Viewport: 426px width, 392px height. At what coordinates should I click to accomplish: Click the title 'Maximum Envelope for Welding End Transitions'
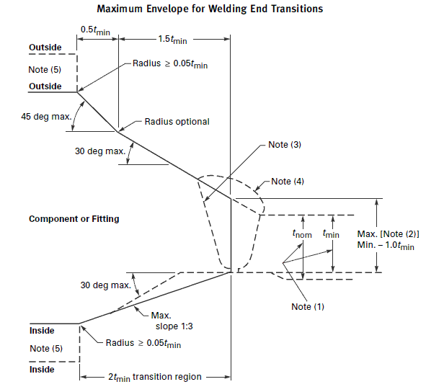(x=210, y=9)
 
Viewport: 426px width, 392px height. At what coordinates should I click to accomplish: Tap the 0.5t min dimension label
(x=95, y=30)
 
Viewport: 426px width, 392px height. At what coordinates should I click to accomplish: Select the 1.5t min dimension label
(x=172, y=40)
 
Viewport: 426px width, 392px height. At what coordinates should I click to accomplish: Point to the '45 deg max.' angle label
(x=46, y=117)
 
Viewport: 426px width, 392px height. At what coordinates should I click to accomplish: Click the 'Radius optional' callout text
(x=177, y=122)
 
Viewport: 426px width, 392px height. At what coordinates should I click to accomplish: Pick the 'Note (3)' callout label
(x=285, y=145)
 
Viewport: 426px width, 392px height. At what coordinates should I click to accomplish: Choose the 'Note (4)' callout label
(x=288, y=181)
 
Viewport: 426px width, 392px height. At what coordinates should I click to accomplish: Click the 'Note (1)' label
(x=308, y=306)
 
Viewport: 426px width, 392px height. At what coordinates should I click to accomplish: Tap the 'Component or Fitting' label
(x=74, y=218)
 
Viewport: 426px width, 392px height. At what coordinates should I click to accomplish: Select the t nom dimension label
(x=302, y=233)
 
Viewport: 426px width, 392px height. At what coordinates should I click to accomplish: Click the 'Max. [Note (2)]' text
(x=388, y=234)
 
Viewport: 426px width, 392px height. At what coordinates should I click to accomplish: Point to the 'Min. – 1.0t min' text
(x=386, y=245)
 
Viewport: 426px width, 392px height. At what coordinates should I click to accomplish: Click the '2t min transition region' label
(x=155, y=377)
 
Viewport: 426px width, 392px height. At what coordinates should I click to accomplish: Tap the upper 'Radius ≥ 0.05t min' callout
(x=170, y=64)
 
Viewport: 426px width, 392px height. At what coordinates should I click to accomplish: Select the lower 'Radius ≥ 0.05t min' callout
(x=143, y=344)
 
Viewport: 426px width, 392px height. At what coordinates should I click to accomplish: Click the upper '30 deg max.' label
(x=100, y=151)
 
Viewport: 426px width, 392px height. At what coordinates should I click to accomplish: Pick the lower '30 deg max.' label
(x=106, y=285)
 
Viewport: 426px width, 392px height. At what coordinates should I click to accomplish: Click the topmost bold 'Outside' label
(x=45, y=48)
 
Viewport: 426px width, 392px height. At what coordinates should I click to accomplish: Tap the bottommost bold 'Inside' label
(x=42, y=370)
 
